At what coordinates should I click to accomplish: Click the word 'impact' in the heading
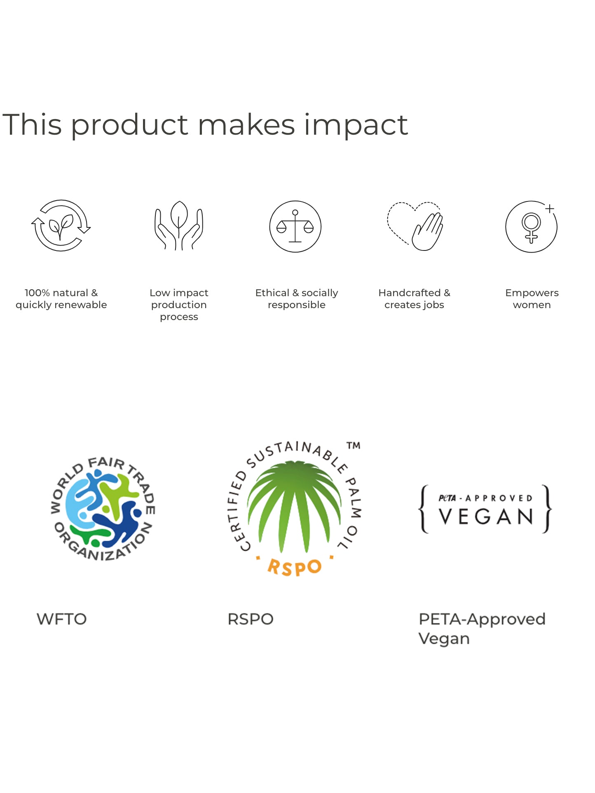click(356, 125)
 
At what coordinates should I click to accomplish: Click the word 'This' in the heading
click(32, 124)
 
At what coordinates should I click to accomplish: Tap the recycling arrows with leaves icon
click(61, 226)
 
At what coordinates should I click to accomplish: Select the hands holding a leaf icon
click(179, 225)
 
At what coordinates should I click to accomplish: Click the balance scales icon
click(295, 227)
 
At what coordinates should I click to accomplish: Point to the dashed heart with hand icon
click(415, 226)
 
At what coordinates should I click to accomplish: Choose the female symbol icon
click(532, 227)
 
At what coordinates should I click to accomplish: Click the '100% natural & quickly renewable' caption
click(61, 299)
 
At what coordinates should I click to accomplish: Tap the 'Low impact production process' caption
click(179, 304)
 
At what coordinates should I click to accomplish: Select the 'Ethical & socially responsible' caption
click(297, 299)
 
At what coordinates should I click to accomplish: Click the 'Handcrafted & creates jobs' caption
click(415, 299)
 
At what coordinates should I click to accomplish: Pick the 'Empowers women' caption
click(532, 299)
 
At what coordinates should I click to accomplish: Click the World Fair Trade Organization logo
click(103, 509)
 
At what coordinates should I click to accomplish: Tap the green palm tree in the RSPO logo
click(294, 506)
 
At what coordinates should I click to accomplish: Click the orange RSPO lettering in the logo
click(294, 567)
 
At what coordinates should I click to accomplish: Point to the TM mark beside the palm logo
click(353, 446)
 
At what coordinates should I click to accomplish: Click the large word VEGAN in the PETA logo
click(486, 517)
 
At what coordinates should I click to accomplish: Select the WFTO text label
click(62, 619)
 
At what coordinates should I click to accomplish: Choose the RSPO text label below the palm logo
click(251, 619)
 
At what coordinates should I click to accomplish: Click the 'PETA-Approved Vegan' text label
click(482, 629)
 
